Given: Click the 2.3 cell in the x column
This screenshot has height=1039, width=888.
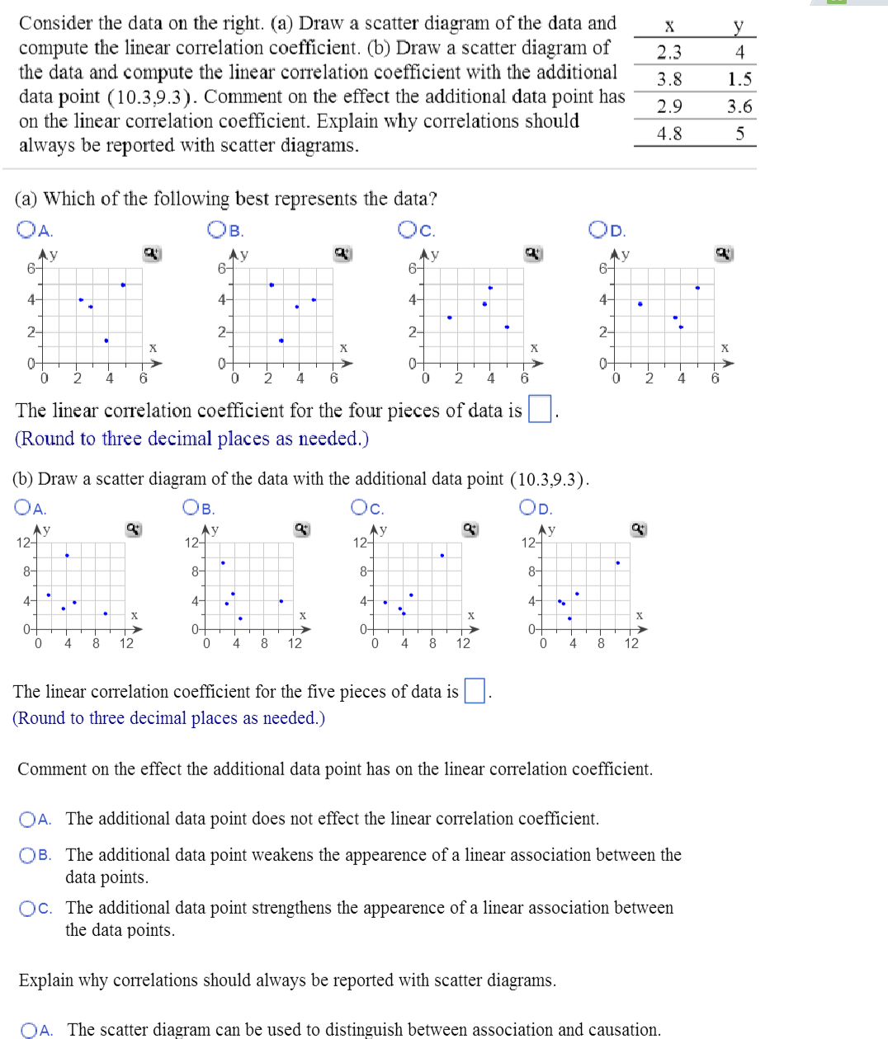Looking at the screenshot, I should (668, 53).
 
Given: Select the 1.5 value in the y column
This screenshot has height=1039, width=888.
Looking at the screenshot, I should (739, 79).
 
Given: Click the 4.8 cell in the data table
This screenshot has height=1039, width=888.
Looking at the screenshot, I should (668, 134).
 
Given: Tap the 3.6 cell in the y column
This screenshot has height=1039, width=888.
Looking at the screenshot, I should (739, 106).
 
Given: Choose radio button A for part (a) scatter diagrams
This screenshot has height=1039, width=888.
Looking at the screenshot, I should (26, 230).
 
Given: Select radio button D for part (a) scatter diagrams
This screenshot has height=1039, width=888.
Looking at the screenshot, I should (598, 229).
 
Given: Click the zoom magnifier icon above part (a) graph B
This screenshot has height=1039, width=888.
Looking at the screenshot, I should (342, 254).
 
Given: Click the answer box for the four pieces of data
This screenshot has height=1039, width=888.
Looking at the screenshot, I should (540, 409).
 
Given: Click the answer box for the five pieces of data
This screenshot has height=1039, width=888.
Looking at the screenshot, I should (475, 690).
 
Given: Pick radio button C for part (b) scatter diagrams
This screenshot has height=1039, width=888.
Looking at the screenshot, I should (360, 507).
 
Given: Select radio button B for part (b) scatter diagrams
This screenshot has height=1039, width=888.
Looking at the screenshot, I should (191, 507).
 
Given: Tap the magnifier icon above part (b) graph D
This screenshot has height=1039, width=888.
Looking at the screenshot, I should (638, 529).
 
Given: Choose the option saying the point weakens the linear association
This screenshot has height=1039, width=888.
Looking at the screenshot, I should (28, 855).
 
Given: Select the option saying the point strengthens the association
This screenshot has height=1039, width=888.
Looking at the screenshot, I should (28, 908).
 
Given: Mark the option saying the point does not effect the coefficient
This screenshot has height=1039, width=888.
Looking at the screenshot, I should (28, 819).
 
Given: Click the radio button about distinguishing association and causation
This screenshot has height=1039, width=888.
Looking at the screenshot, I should (30, 1030).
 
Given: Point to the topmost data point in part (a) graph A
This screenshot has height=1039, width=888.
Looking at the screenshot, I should (123, 284).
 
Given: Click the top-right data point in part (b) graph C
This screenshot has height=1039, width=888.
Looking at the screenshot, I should (442, 555).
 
